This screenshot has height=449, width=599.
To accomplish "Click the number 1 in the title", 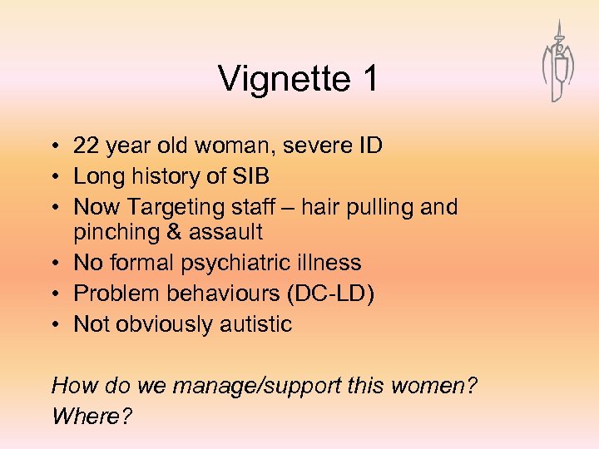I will pos(369,79).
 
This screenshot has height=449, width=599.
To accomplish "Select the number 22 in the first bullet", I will pos(87,146).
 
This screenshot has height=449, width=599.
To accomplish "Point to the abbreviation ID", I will pos(368,146).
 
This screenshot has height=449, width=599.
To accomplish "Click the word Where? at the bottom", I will pos(92,415).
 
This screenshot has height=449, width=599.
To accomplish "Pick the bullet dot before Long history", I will pos(55,177).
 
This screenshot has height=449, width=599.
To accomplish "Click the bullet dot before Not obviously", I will pos(55,323).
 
